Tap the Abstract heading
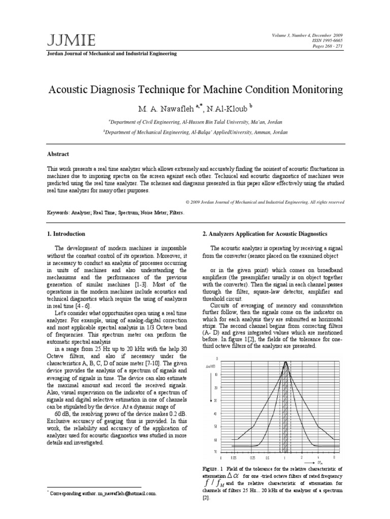pos(58,154)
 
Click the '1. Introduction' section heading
pos(66,234)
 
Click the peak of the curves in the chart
pos(285,362)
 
